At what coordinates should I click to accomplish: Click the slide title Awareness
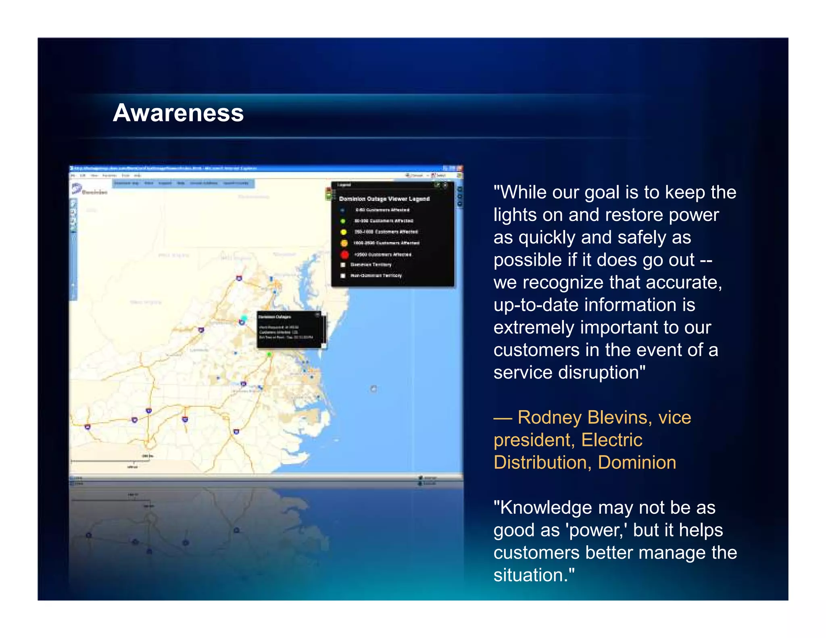[x=178, y=113]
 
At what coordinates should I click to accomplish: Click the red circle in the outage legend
[x=344, y=254]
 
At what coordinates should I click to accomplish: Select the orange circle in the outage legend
[x=344, y=243]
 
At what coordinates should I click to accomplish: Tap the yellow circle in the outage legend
[x=344, y=232]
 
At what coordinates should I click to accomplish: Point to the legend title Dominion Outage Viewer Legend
[x=384, y=199]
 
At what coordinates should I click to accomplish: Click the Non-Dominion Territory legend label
[x=376, y=276]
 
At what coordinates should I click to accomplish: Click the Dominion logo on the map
[x=90, y=190]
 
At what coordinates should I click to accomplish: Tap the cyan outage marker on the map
[x=244, y=318]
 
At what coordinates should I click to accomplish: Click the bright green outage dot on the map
[x=269, y=354]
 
